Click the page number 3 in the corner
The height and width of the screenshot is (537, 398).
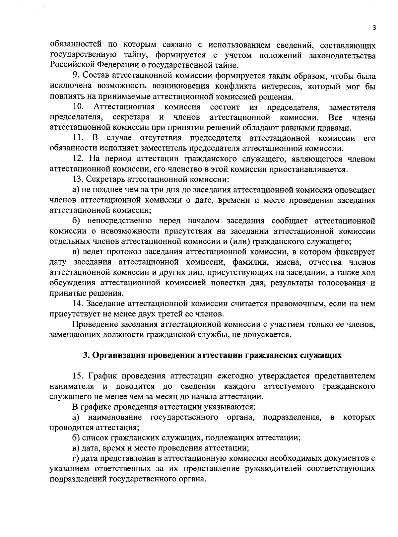pyautogui.click(x=374, y=29)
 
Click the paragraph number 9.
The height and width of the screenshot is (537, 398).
pyautogui.click(x=75, y=77)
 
